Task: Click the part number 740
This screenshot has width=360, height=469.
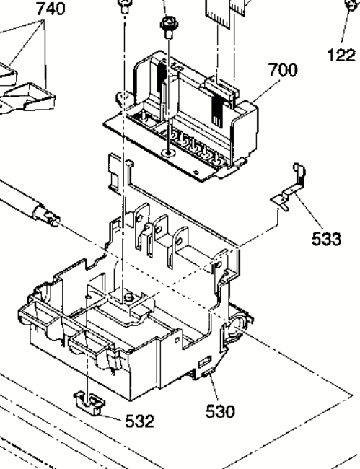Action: (51, 9)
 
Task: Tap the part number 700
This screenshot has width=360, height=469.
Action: (283, 70)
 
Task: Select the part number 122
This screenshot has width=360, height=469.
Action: (342, 56)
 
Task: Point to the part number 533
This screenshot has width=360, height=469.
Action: (326, 239)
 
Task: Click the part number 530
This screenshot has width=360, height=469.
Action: (220, 411)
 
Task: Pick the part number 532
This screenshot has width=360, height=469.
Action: (139, 421)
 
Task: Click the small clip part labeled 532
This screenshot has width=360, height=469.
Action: (89, 403)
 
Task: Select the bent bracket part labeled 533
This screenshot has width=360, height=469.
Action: (289, 188)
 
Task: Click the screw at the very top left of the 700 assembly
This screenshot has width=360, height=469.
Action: (124, 6)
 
